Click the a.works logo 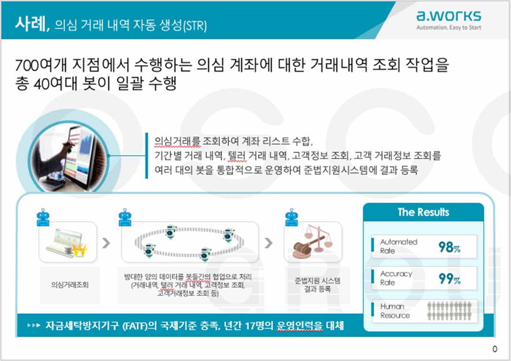click(448, 16)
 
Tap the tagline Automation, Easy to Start click(448, 28)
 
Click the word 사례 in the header click(30, 24)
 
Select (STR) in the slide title click(195, 26)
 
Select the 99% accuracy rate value click(449, 279)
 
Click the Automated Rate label click(398, 246)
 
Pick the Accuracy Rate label click(396, 278)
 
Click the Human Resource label click(395, 311)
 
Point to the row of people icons click(449, 311)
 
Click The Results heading click(423, 212)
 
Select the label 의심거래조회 click(70, 285)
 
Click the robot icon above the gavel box click(291, 217)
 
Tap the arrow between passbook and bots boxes click(106, 243)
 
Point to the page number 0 click(495, 349)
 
